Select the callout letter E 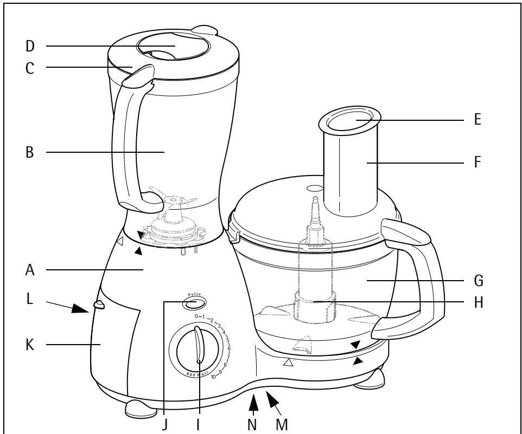[478, 120]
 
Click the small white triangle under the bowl [288, 363]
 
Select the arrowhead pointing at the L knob [80, 309]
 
